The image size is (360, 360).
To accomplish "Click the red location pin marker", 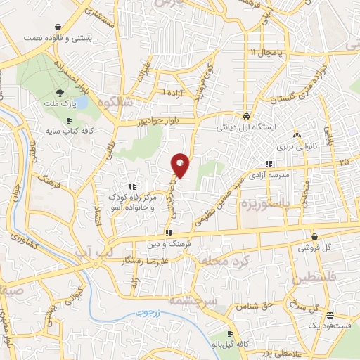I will click(181, 165).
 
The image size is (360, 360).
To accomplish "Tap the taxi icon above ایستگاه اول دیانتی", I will click(245, 115).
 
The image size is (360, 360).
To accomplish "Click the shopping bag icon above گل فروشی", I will click(314, 236).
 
